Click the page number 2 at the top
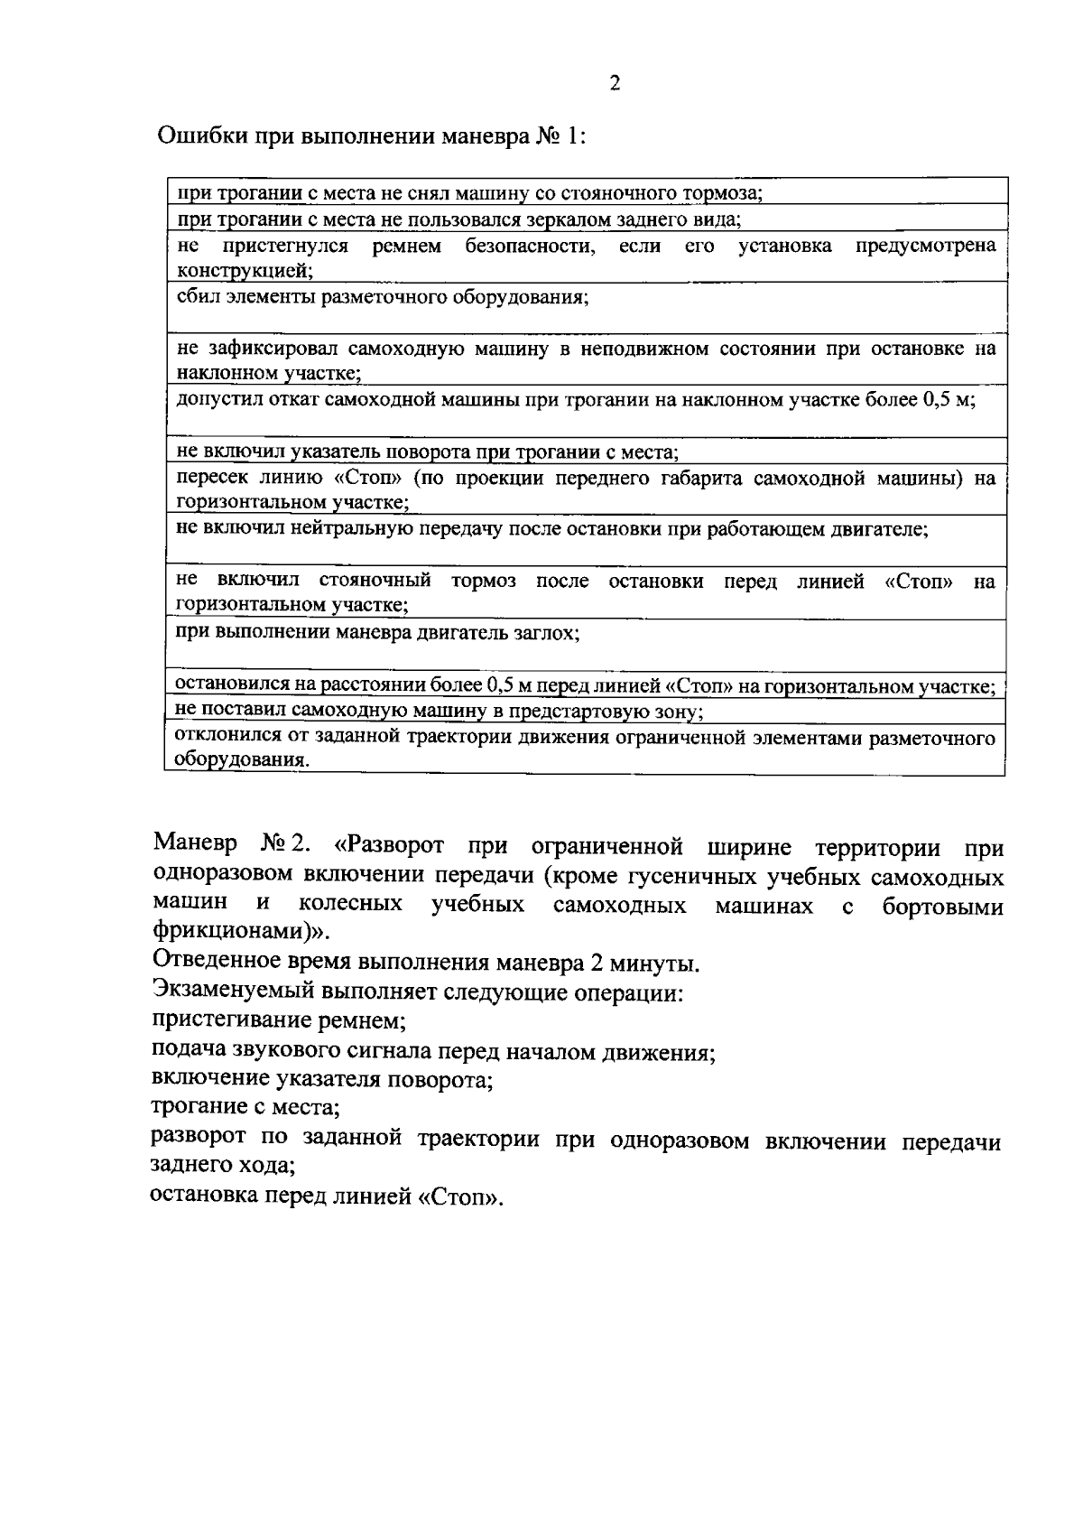(x=615, y=84)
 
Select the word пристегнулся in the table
(x=286, y=246)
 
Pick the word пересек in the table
(x=212, y=479)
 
